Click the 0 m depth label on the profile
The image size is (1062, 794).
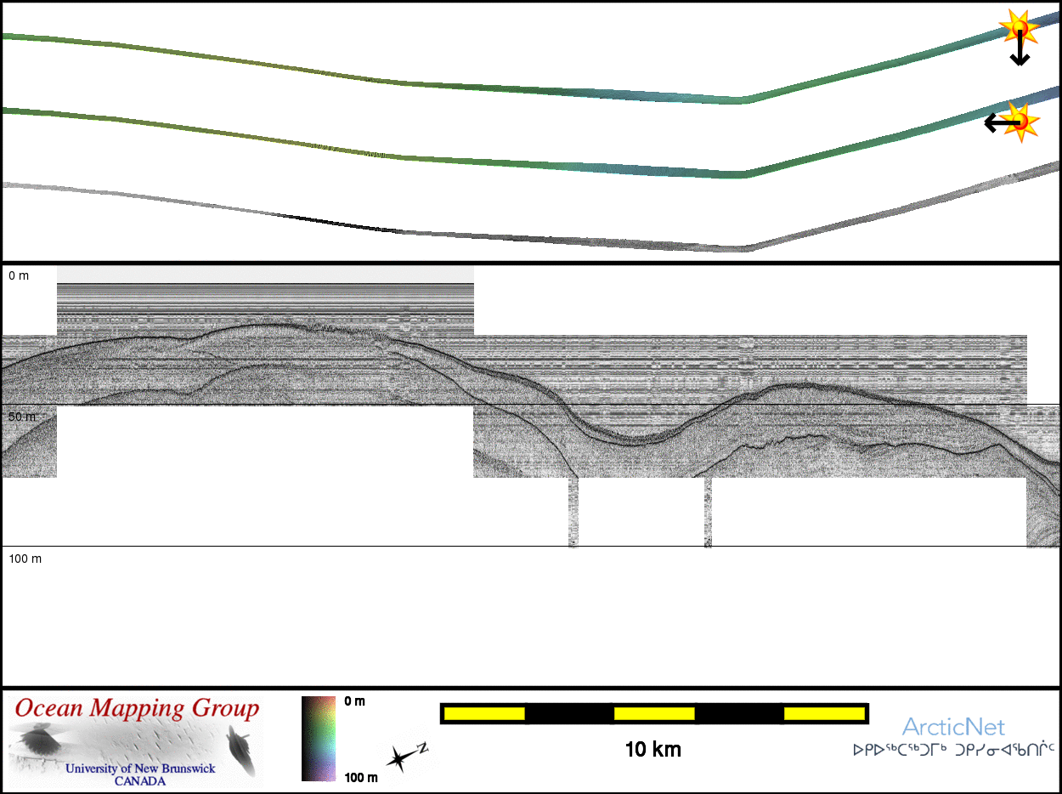(x=19, y=276)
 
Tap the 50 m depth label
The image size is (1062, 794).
(x=22, y=417)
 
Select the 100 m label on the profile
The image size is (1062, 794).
(x=25, y=559)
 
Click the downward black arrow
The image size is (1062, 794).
(x=1020, y=48)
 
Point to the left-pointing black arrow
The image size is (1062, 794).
(x=1003, y=123)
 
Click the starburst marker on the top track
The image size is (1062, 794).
(x=1019, y=27)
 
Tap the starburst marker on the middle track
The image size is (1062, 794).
(x=1020, y=122)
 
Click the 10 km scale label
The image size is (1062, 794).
(x=653, y=750)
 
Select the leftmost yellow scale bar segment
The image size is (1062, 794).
(x=484, y=713)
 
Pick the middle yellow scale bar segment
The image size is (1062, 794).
(x=654, y=713)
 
